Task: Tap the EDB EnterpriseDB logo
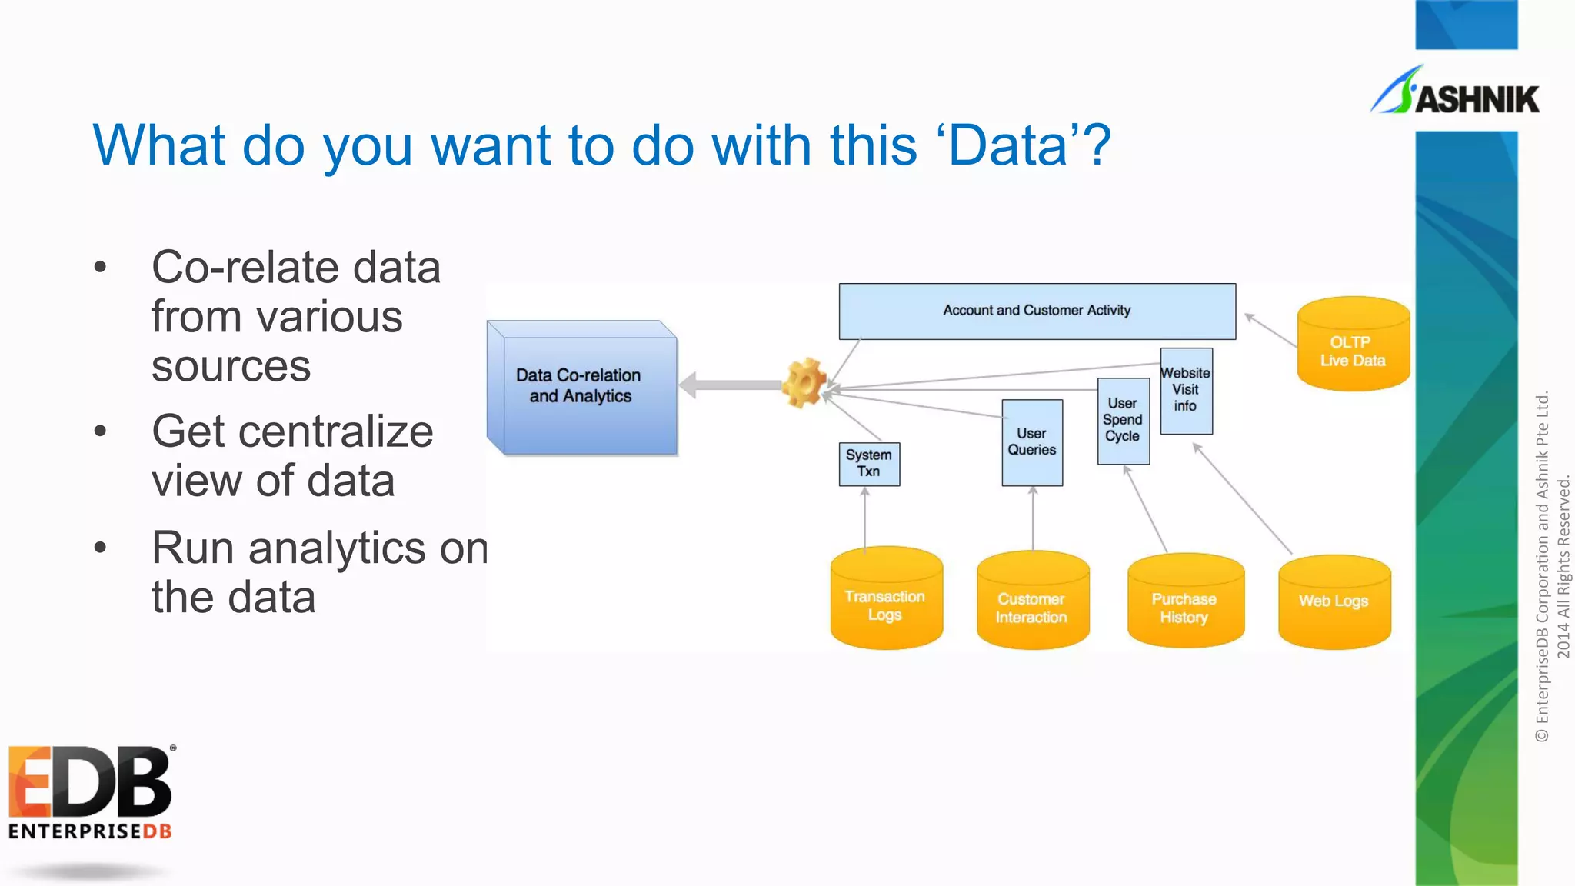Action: [x=90, y=792]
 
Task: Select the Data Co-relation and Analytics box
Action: [x=582, y=387]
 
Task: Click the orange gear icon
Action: [x=804, y=382]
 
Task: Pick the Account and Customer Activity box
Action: [x=1037, y=311]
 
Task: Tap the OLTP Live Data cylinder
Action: [x=1353, y=344]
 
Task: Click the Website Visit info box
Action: [x=1186, y=391]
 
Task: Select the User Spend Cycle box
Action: [x=1123, y=420]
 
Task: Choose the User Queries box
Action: [x=1032, y=442]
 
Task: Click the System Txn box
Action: [x=869, y=464]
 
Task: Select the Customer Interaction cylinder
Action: [x=1032, y=601]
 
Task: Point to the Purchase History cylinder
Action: [x=1184, y=601]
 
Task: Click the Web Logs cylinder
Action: [x=1334, y=601]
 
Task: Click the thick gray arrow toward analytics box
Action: [x=731, y=385]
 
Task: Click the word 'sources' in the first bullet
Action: [x=231, y=366]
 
